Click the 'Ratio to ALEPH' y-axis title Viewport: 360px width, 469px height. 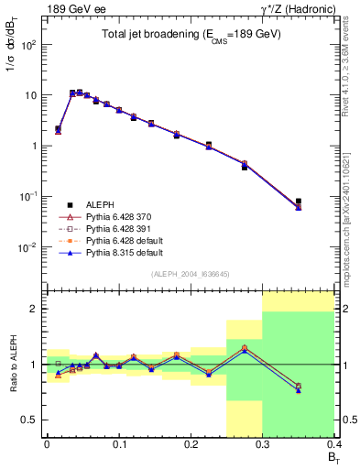(12, 365)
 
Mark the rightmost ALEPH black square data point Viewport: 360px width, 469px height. (299, 201)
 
